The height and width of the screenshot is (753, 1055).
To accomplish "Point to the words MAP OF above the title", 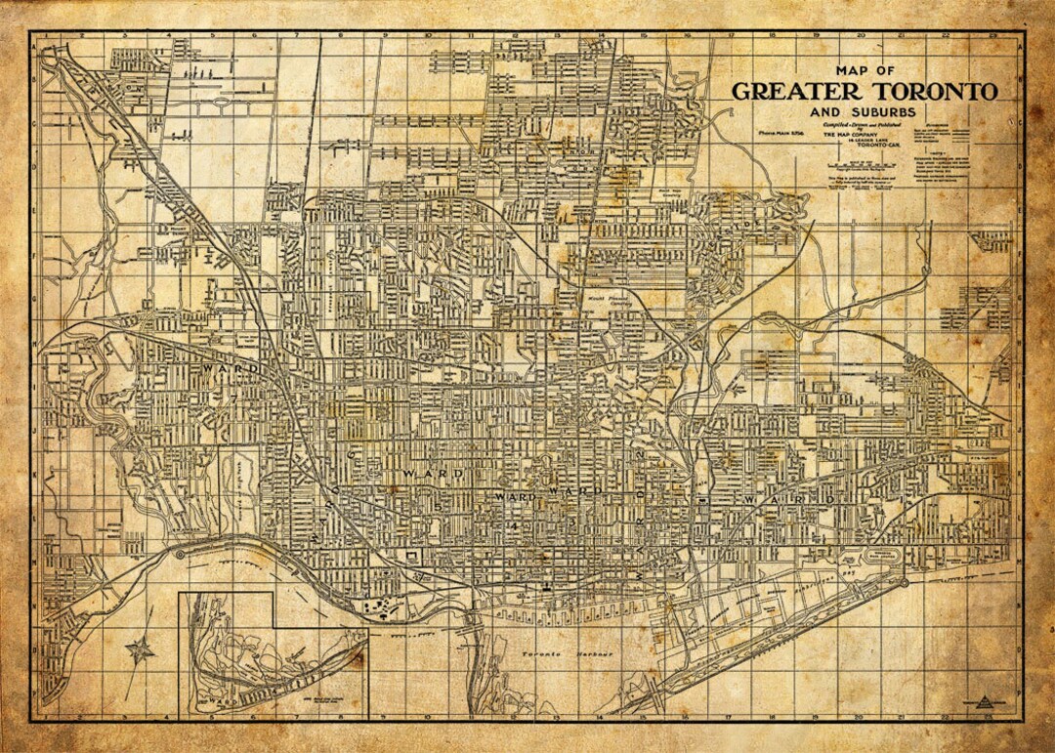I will point(865,70).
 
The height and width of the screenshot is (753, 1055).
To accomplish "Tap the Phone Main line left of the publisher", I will point(777,130).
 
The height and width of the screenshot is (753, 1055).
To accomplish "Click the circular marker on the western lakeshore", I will point(181,554).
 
